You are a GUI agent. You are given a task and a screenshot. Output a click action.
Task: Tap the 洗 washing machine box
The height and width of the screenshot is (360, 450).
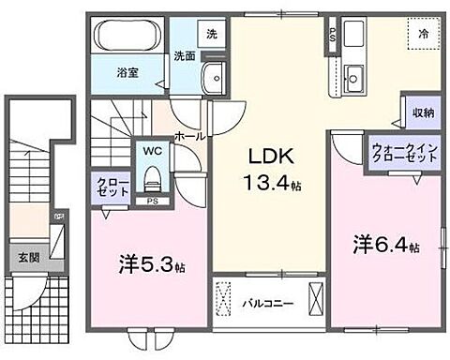pyautogui.click(x=212, y=34)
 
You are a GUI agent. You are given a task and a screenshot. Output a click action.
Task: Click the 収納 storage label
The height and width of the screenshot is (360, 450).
pyautogui.click(x=421, y=112)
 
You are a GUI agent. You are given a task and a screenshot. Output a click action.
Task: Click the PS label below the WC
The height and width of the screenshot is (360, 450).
pyautogui.click(x=152, y=201)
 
